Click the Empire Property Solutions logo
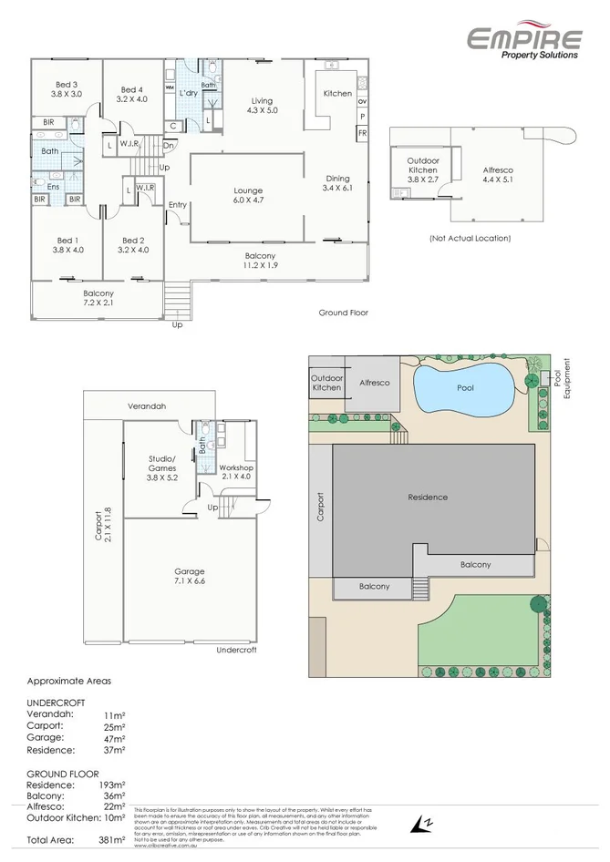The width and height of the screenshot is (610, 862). click(x=524, y=42)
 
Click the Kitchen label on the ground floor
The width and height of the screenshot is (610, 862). click(x=337, y=94)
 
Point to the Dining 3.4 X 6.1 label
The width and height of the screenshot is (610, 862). click(x=337, y=183)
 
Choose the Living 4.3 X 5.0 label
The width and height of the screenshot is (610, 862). click(x=263, y=106)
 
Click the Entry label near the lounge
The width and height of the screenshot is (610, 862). click(x=177, y=205)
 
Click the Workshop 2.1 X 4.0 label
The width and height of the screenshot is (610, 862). click(x=234, y=471)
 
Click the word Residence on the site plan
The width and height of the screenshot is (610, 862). click(x=427, y=498)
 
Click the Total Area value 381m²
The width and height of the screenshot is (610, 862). click(x=112, y=839)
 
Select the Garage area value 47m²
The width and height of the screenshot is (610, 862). click(x=114, y=737)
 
